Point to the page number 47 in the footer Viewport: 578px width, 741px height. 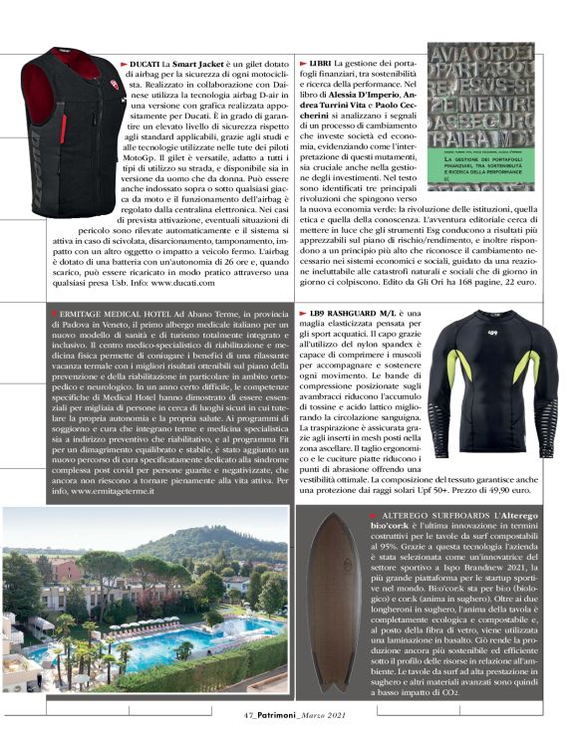[x=248, y=712]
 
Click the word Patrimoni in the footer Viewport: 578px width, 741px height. [x=281, y=712]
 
